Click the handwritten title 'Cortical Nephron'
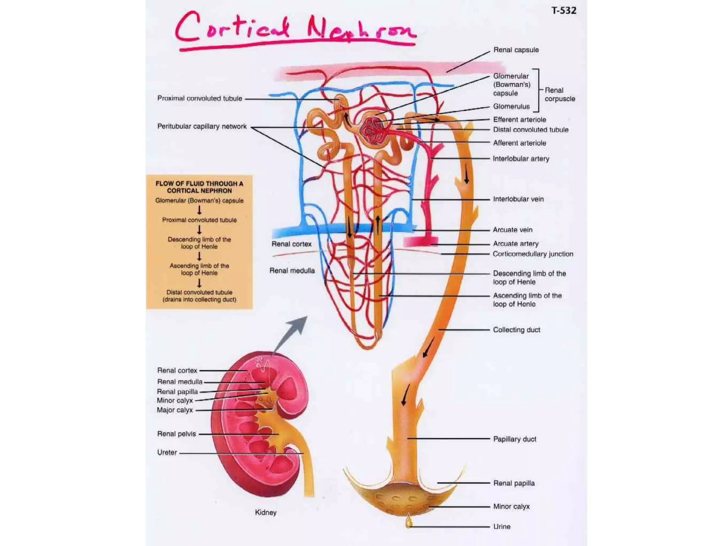(295, 28)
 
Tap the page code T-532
(564, 11)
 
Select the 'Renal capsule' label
(516, 50)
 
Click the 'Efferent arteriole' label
(519, 119)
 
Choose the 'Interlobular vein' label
(518, 199)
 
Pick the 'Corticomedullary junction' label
(533, 254)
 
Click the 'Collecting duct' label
(516, 330)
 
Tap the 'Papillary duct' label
(515, 439)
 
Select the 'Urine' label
(502, 526)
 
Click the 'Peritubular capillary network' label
(202, 126)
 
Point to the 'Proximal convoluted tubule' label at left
(200, 98)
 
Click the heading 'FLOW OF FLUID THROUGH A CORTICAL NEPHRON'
(199, 187)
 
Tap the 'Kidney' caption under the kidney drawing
(266, 512)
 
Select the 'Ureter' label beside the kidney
(167, 452)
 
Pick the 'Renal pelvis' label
(177, 434)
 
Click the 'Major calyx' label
(175, 410)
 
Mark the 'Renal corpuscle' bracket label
(560, 95)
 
